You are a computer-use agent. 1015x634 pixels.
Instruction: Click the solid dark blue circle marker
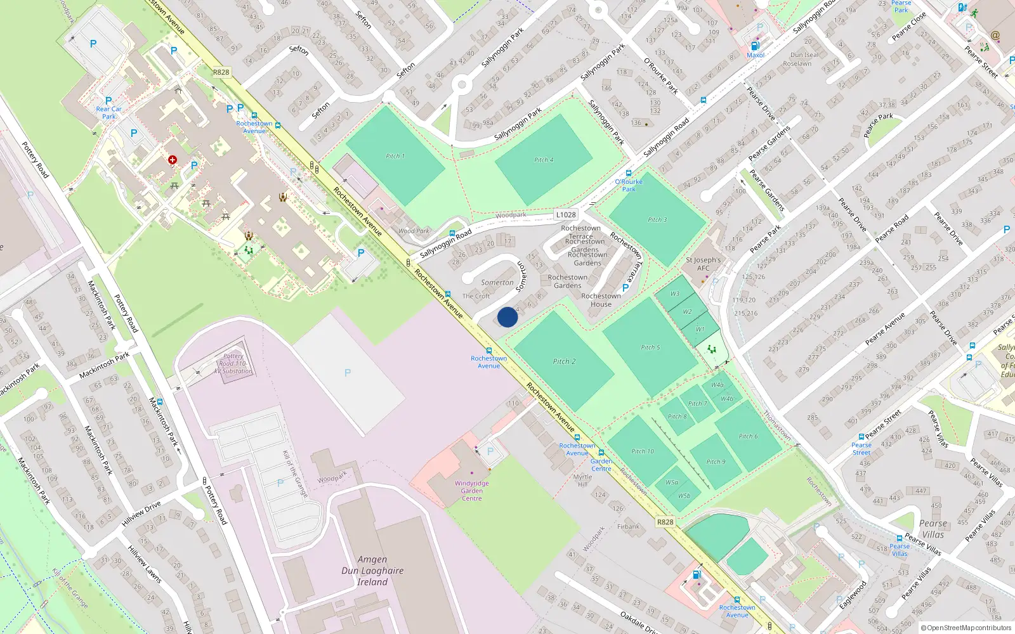[507, 317]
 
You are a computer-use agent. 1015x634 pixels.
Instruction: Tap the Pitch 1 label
[395, 156]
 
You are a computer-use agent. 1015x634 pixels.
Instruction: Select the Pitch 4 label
[544, 160]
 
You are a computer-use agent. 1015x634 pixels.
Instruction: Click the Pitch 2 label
[564, 361]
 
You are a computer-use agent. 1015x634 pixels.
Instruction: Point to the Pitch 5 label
[650, 347]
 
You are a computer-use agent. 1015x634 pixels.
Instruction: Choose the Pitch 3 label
[657, 219]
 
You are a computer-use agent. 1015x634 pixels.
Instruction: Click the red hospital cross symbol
[172, 160]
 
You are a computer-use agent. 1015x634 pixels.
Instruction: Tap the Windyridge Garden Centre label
[472, 491]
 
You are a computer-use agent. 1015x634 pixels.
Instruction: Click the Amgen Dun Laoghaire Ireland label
[372, 571]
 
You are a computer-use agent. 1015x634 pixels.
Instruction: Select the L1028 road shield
[565, 215]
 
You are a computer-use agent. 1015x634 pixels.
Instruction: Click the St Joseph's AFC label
[703, 264]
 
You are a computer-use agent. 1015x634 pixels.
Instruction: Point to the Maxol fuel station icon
[755, 46]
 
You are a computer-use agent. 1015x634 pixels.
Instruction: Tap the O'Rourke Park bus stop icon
[629, 173]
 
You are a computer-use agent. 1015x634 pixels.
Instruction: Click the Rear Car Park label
[109, 112]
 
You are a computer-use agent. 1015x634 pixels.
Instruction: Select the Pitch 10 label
[642, 451]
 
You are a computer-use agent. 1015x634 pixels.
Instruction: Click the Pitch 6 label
[748, 436]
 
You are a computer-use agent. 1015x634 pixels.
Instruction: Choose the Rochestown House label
[601, 300]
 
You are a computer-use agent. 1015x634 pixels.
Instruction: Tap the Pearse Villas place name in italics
[933, 529]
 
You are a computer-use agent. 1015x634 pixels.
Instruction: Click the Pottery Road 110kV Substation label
[233, 364]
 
